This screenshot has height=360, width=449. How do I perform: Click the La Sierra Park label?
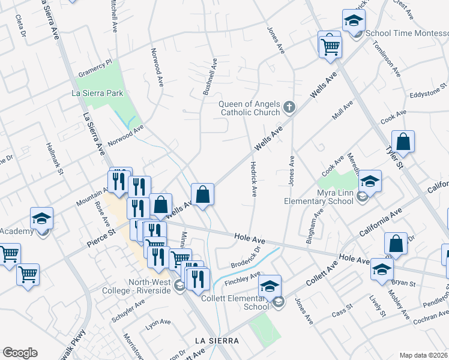[97, 93]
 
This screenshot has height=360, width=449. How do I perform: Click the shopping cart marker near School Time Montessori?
[330, 45]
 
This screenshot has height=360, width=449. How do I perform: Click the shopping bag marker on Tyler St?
[403, 143]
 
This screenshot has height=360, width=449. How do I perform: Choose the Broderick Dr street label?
[246, 257]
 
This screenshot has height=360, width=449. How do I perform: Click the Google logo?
[20, 353]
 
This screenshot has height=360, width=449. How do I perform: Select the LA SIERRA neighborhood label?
[217, 341]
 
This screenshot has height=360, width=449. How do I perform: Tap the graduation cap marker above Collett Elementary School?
[270, 286]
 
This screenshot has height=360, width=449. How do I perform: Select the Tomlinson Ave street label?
[385, 59]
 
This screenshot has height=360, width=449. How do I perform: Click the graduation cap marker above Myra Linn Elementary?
[370, 181]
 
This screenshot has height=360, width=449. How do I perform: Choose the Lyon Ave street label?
[158, 324]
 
